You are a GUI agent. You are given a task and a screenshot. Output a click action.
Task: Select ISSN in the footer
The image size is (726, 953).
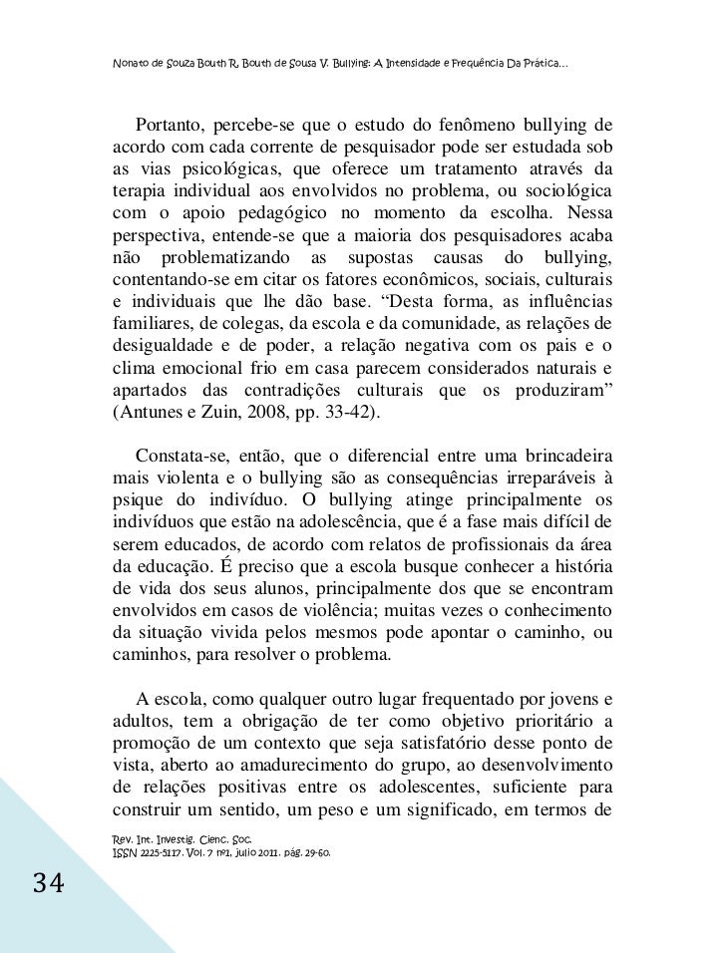[126, 854]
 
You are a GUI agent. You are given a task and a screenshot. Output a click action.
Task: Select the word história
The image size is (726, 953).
[580, 564]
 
